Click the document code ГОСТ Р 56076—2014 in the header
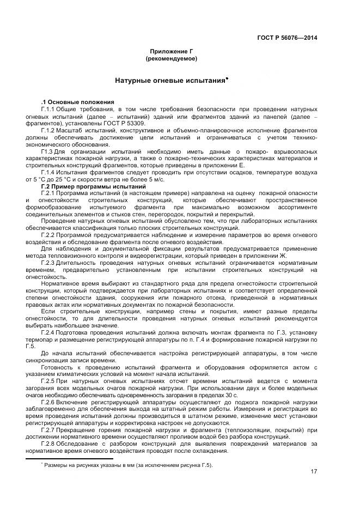(287, 38)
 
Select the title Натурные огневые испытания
(169, 81)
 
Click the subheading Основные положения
(80, 102)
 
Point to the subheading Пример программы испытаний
(86, 187)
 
